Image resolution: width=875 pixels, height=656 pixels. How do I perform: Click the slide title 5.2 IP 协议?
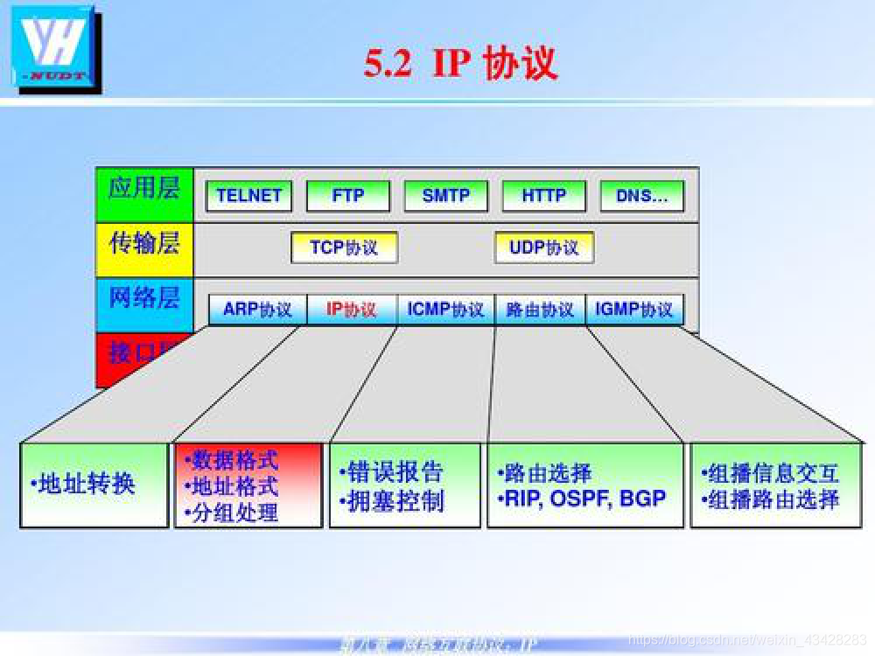tap(461, 64)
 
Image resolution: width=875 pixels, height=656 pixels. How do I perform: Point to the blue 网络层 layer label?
tap(143, 298)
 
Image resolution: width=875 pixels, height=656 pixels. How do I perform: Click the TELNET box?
tap(248, 196)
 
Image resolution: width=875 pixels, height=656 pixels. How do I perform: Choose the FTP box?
tap(347, 196)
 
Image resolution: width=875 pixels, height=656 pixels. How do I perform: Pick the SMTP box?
tap(445, 196)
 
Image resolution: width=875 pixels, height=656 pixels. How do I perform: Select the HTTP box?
tap(543, 196)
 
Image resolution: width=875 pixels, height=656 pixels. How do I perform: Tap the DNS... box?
tap(641, 196)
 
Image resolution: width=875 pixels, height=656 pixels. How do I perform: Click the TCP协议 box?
tap(344, 248)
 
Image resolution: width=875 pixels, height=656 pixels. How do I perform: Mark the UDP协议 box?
tap(543, 248)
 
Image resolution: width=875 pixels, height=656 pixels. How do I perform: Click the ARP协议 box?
tap(257, 310)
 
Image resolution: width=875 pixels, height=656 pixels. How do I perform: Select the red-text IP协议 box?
tap(351, 310)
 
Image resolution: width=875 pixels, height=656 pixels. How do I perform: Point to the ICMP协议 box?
tap(445, 310)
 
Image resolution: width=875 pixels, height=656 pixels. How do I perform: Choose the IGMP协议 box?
tap(634, 310)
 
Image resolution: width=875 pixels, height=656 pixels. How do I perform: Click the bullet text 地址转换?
tap(85, 484)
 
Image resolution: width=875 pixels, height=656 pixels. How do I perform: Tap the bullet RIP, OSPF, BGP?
tap(584, 499)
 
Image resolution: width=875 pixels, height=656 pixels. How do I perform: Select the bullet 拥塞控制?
tap(394, 501)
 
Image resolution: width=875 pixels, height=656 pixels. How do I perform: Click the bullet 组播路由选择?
tap(772, 499)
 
